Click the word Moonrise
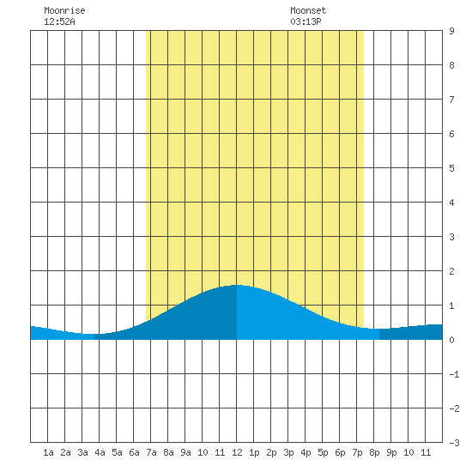click(64, 10)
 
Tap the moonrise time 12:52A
click(59, 21)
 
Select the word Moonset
click(308, 10)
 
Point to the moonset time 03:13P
click(306, 21)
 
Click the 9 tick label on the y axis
click(451, 31)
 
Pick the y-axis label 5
click(451, 168)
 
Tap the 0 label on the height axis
click(451, 340)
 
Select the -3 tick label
click(454, 443)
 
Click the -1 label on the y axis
click(454, 374)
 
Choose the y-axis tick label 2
click(451, 271)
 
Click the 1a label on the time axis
click(48, 452)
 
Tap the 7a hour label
click(151, 452)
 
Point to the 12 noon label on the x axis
click(237, 452)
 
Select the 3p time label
click(288, 452)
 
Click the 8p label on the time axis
click(374, 452)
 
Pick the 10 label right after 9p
click(408, 452)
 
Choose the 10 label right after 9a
click(203, 452)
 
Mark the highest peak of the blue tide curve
click(237, 285)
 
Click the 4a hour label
click(100, 452)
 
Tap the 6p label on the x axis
click(340, 452)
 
